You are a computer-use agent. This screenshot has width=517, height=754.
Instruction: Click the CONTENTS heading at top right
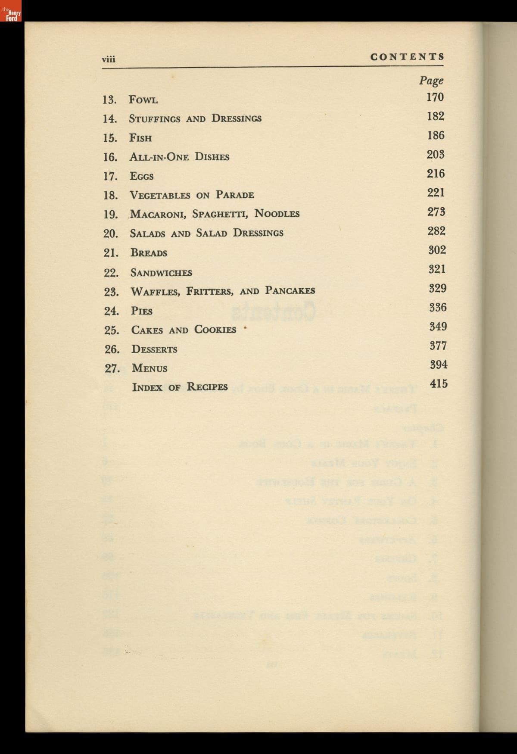(407, 57)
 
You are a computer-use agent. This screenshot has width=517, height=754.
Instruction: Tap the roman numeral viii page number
(108, 59)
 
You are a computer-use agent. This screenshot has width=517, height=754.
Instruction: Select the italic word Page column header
(431, 81)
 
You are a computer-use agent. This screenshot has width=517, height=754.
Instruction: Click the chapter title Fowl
(143, 100)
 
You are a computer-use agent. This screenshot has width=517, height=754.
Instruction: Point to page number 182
(436, 116)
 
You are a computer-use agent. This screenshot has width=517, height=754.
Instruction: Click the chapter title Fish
(140, 138)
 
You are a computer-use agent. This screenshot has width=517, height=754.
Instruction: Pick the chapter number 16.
(110, 157)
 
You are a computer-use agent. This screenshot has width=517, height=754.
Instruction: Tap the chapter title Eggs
(142, 176)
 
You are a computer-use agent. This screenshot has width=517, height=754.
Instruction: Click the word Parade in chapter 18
(235, 195)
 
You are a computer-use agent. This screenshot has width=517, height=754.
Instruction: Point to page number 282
(436, 231)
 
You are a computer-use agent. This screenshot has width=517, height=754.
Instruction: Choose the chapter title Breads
(149, 253)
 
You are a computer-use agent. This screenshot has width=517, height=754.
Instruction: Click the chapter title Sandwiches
(161, 273)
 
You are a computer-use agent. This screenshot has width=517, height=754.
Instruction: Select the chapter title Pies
(142, 311)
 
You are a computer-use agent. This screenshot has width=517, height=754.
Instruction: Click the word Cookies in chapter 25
(215, 330)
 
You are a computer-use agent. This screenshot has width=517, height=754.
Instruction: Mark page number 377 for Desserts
(438, 346)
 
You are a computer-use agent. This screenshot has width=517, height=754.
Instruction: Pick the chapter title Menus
(149, 368)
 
